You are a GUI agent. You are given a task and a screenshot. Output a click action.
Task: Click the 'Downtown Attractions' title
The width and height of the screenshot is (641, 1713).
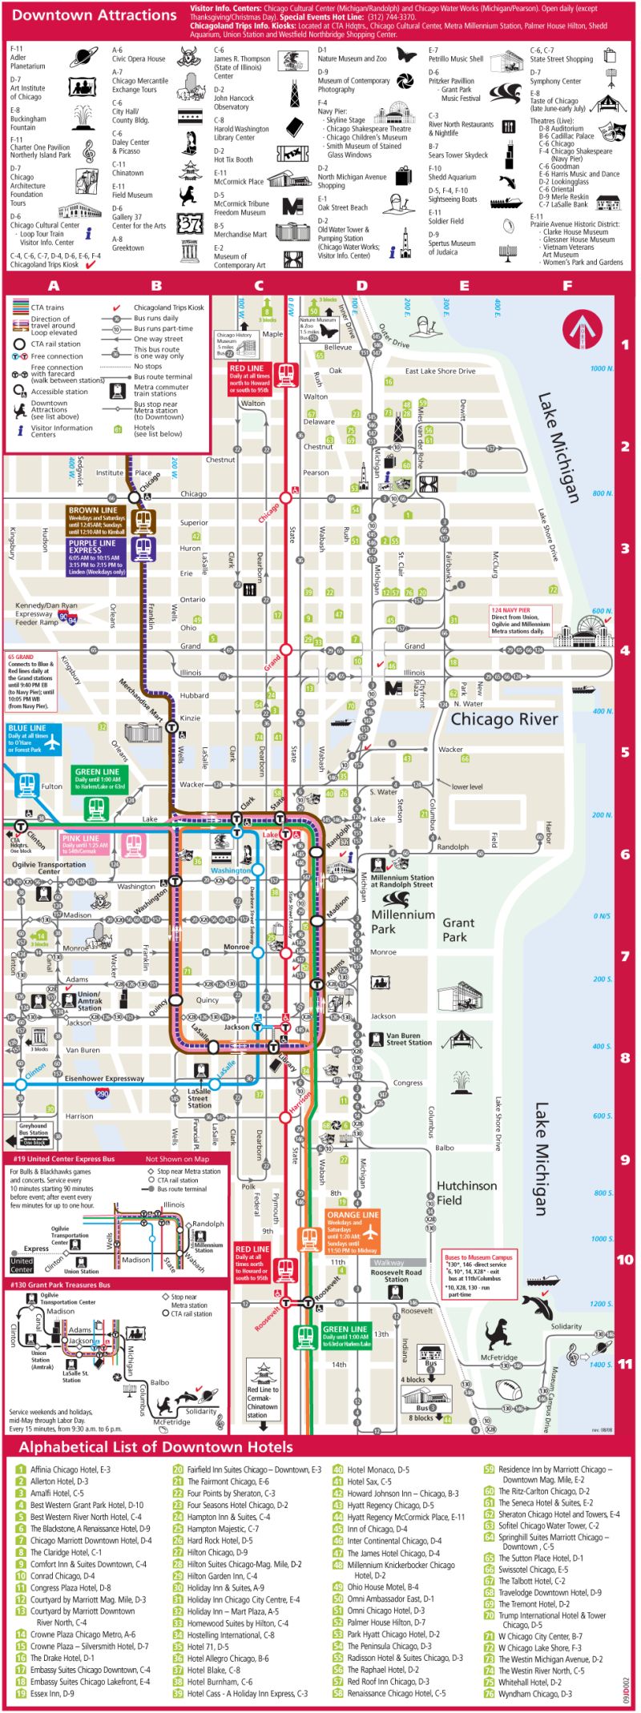point(95,15)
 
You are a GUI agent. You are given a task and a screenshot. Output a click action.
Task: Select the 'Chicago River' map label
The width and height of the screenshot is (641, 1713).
point(504,719)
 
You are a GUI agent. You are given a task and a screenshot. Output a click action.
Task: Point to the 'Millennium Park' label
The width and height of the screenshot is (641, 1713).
point(403,922)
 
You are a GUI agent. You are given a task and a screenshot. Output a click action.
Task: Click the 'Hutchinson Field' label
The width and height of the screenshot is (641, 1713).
point(466,1192)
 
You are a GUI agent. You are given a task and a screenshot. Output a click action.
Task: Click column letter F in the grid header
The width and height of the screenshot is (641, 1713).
point(567,285)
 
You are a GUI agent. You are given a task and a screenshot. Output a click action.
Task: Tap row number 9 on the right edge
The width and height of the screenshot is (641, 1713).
point(625,1160)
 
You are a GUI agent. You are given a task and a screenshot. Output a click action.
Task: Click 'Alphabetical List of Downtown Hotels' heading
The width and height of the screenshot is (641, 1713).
point(155,1447)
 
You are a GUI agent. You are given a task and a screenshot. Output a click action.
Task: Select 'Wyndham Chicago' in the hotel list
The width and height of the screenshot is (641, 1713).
point(535,1694)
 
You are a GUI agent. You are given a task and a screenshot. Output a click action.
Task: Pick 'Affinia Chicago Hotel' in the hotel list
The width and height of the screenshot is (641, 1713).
point(70,1470)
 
